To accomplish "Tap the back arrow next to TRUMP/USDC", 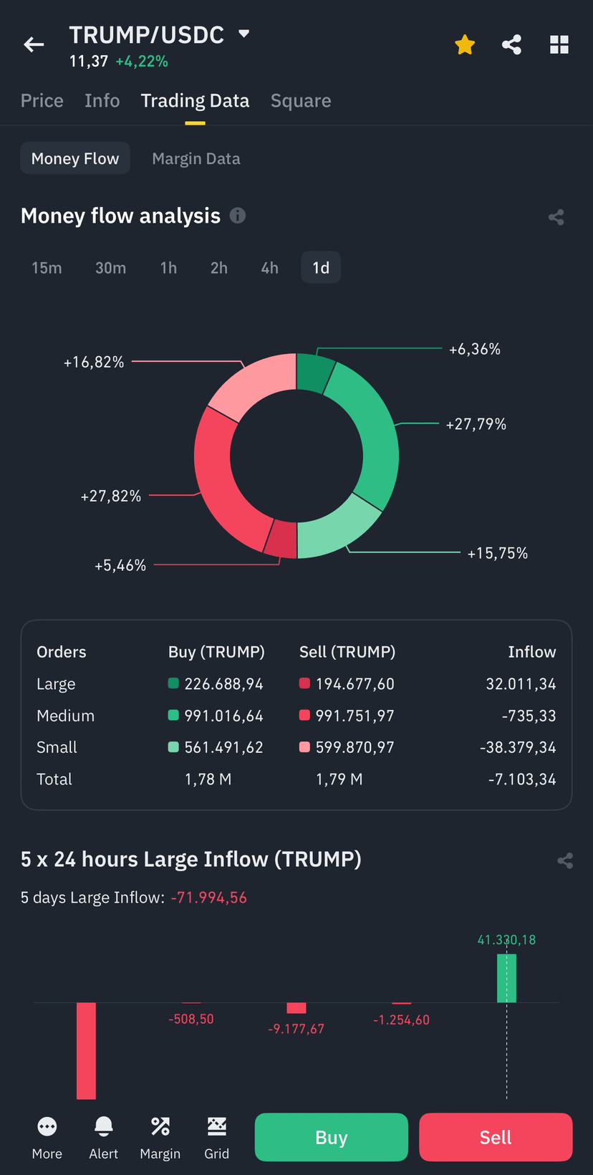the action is pyautogui.click(x=34, y=44).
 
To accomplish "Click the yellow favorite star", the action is pyautogui.click(x=465, y=44).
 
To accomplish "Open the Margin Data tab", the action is pyautogui.click(x=196, y=158).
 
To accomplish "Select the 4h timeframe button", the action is pyautogui.click(x=269, y=268).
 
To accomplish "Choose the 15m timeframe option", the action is pyautogui.click(x=47, y=268).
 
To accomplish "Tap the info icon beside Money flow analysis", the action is pyautogui.click(x=238, y=216).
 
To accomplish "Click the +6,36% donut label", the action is pyautogui.click(x=475, y=349).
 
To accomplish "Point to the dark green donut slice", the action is pyautogui.click(x=314, y=372).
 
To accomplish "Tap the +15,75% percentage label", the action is pyautogui.click(x=497, y=553).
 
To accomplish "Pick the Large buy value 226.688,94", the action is pyautogui.click(x=224, y=684).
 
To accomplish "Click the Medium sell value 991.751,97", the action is pyautogui.click(x=355, y=716).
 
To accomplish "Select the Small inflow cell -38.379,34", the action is pyautogui.click(x=518, y=747).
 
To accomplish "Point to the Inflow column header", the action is pyautogui.click(x=531, y=652).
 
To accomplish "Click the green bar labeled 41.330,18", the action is pyautogui.click(x=506, y=978).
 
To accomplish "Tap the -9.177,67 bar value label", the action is pyautogui.click(x=296, y=1029).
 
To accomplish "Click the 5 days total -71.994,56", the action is pyautogui.click(x=208, y=898).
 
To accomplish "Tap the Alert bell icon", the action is pyautogui.click(x=103, y=1126).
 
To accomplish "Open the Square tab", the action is pyautogui.click(x=301, y=101).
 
